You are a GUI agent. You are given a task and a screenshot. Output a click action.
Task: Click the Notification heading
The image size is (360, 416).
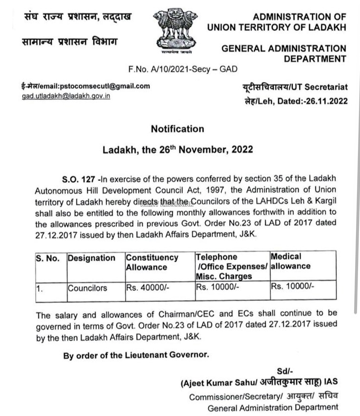coord(177,129)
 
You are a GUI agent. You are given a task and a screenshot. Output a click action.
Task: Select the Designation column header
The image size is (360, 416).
coord(92,258)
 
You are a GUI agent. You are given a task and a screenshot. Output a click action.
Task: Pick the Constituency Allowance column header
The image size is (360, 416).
coord(152,262)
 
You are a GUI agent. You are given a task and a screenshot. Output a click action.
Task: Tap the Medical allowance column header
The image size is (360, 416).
coord(290,262)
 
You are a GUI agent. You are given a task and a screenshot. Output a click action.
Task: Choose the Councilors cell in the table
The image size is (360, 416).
coord(87,288)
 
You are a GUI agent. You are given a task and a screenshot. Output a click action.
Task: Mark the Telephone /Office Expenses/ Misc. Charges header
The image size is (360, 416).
coord(231,267)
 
